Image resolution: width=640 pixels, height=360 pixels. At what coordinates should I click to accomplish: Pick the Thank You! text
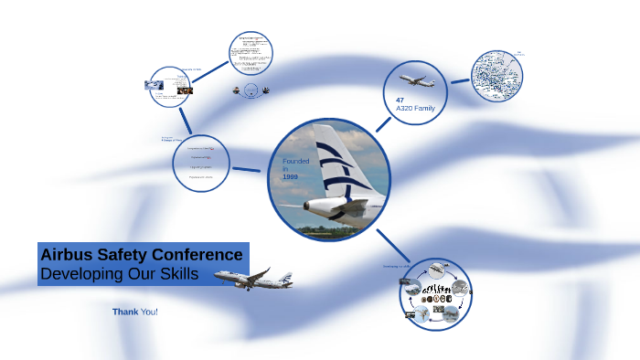135,312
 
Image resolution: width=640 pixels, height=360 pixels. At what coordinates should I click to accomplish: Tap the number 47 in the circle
400,99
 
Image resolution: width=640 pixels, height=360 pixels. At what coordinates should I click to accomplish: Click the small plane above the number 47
416,80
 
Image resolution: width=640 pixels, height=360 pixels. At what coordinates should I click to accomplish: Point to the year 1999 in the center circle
291,177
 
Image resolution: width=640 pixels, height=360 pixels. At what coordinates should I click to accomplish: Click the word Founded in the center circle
295,162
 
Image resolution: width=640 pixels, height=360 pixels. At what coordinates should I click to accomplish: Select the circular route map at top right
496,77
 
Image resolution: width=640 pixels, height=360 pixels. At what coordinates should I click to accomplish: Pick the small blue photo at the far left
154,85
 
